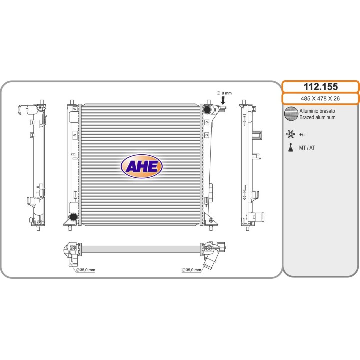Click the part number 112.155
point(320,87)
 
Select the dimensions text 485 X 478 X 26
point(320,98)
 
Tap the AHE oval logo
point(142,166)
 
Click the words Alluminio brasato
point(317,111)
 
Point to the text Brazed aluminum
point(317,117)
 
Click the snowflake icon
point(290,134)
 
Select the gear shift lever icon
point(291,147)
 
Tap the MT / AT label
point(307,148)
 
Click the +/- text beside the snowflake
point(302,135)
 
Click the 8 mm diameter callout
point(224,93)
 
